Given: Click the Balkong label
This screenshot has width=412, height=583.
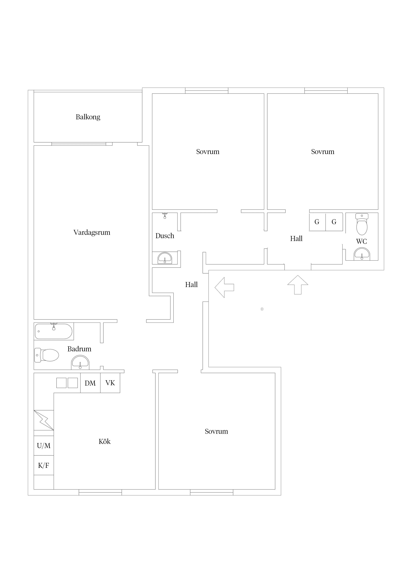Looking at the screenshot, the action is pyautogui.click(x=88, y=117).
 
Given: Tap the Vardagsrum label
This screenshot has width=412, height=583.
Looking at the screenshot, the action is pyautogui.click(x=92, y=233).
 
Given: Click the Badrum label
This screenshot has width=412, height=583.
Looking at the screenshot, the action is pyautogui.click(x=79, y=349).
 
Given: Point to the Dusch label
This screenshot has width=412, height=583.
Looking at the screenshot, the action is pyautogui.click(x=165, y=236).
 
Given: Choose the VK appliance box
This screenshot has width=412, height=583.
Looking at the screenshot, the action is pyautogui.click(x=110, y=383).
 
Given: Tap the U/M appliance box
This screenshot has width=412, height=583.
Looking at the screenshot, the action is pyautogui.click(x=44, y=446).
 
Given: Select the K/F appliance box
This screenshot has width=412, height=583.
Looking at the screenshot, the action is pyautogui.click(x=44, y=466).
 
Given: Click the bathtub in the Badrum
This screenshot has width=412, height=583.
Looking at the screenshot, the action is pyautogui.click(x=53, y=331).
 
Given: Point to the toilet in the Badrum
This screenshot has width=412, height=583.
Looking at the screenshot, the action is pyautogui.click(x=47, y=355).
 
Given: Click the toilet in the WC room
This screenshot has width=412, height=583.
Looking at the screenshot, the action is pyautogui.click(x=362, y=224).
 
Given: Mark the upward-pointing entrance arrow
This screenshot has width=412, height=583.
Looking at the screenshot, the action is pyautogui.click(x=298, y=285).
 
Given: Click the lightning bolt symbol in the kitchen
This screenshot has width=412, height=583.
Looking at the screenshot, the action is pyautogui.click(x=44, y=420).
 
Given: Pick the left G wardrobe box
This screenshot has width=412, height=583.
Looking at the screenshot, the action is pyautogui.click(x=317, y=222).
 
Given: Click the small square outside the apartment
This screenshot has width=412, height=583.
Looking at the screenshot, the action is pyautogui.click(x=262, y=309).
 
